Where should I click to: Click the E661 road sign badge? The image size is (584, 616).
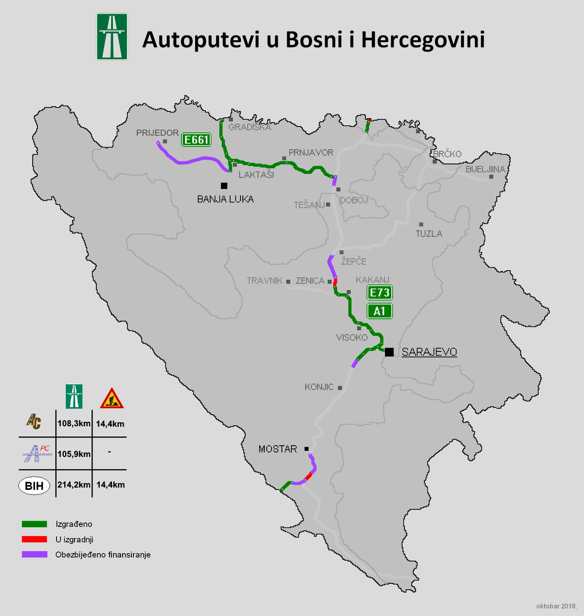pos(196,140)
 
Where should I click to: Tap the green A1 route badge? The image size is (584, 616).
pos(379,311)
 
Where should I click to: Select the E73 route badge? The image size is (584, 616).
pos(379,292)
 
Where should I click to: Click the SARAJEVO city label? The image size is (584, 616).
pos(429,352)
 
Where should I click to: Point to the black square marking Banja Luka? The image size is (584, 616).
pos(224,185)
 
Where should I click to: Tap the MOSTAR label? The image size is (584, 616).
pos(277,449)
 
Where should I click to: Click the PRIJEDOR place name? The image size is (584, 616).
pos(157,133)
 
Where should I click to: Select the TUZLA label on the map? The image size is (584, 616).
pos(429,234)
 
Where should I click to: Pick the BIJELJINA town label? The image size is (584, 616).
pos(485,169)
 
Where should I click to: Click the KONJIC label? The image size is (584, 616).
pos(319,387)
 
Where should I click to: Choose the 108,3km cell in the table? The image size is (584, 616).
pos(74,423)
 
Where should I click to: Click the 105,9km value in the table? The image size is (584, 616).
pos(74,454)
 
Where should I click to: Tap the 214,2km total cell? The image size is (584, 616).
pos(74,485)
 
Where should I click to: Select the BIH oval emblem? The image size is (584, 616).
pos(34,486)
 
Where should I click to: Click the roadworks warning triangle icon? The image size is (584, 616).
pos(111,399)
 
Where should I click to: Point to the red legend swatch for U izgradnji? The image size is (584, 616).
pos(35,539)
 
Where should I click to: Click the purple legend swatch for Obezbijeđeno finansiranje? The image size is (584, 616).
pos(35,554)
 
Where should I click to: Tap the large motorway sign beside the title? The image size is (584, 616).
pos(112,36)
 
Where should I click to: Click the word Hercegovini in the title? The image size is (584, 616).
pos(423,40)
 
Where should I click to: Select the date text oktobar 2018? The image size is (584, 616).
pos(556,606)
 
